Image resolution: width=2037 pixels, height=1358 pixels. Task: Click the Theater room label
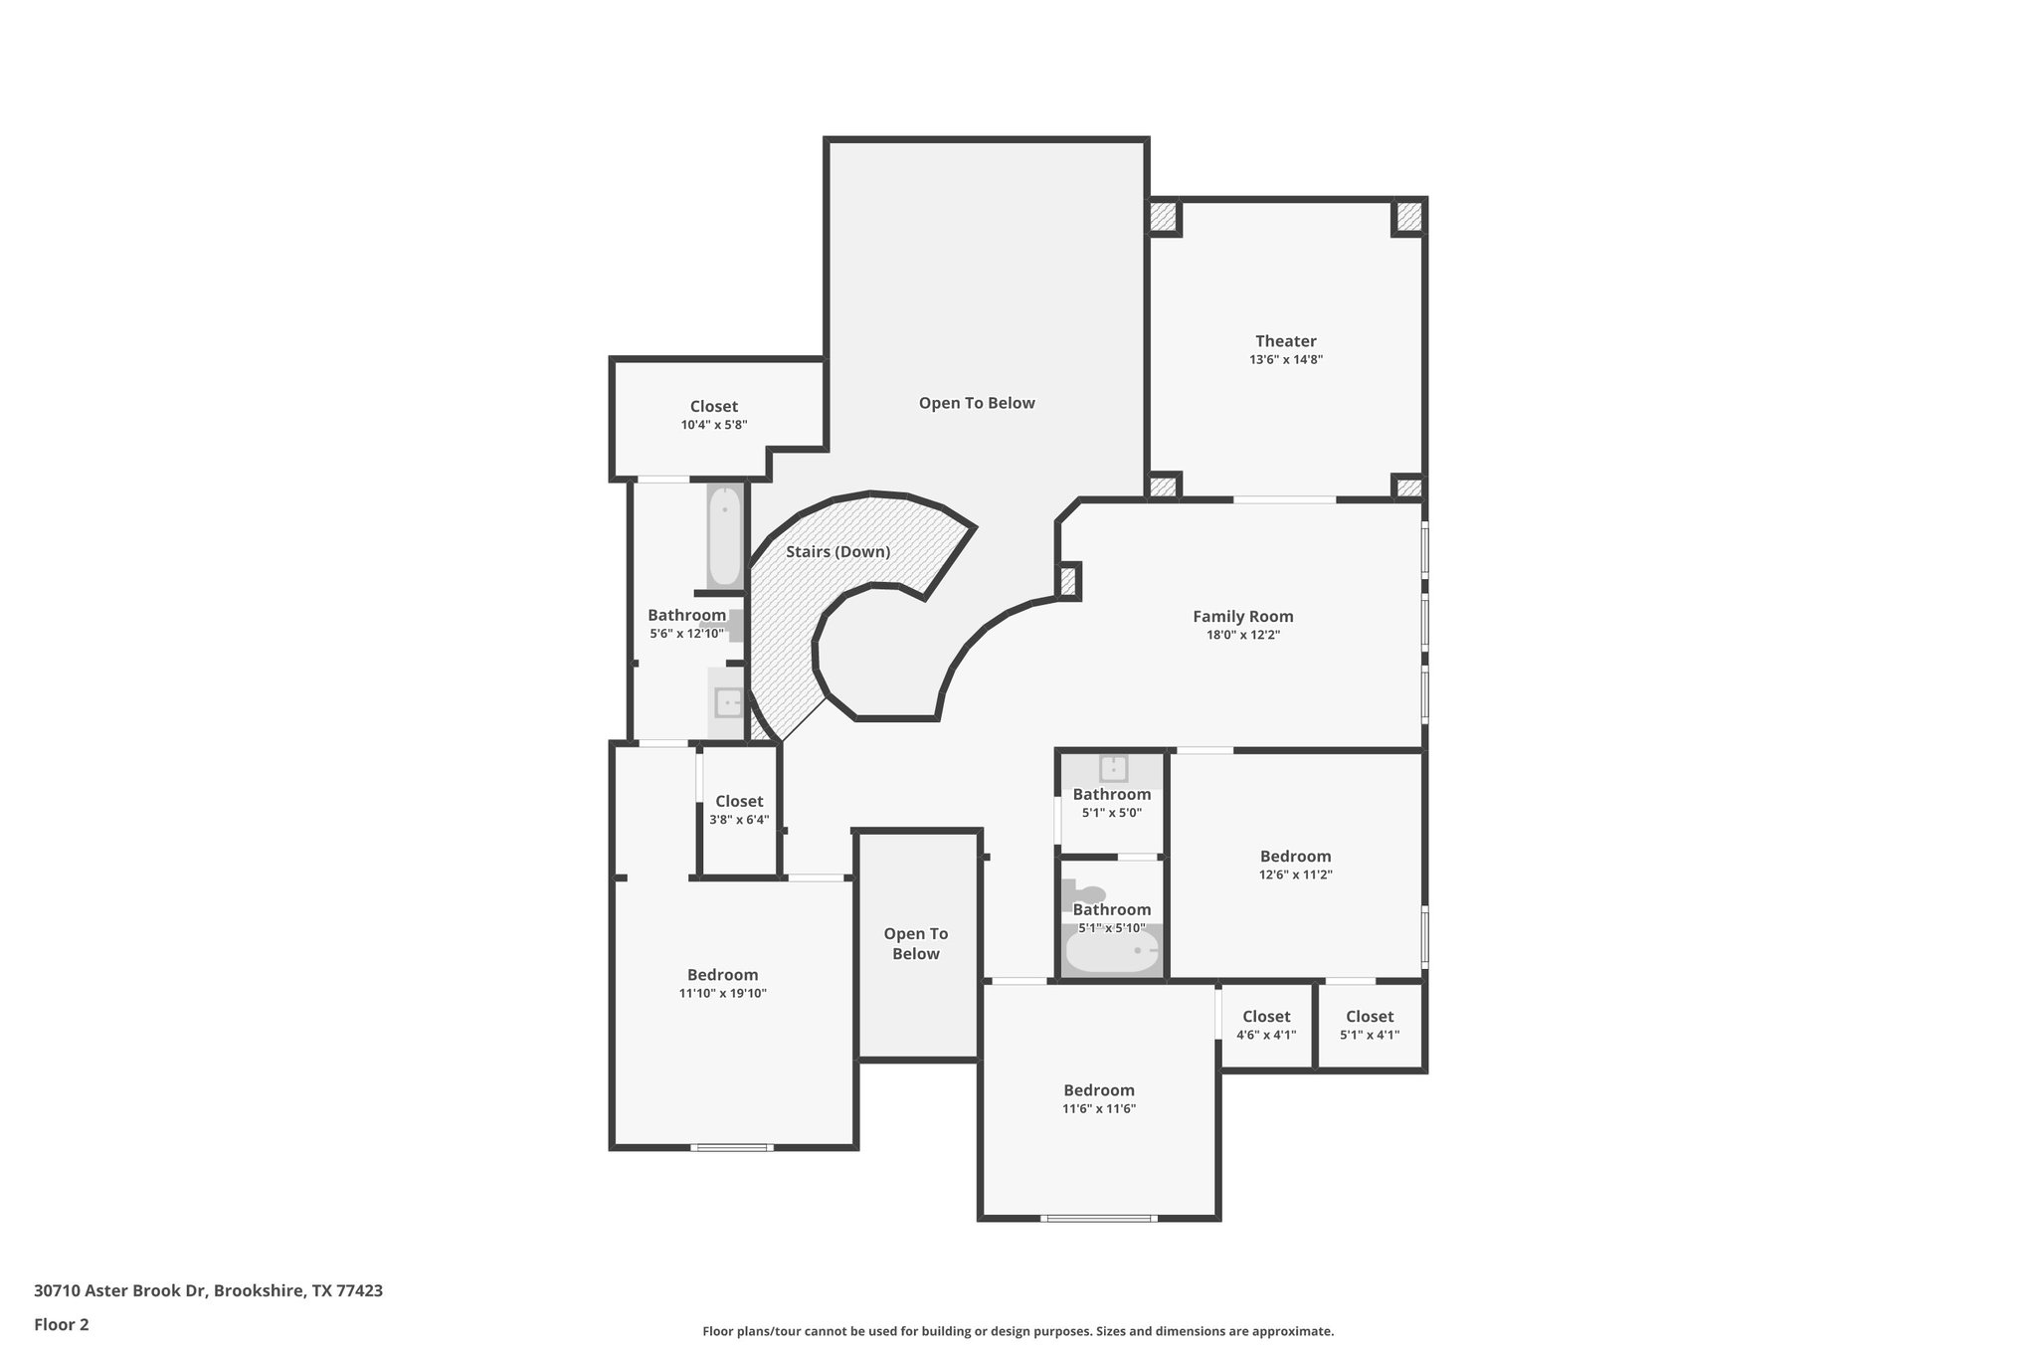pyautogui.click(x=1285, y=341)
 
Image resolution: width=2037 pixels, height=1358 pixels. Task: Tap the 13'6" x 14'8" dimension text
pyautogui.click(x=1285, y=360)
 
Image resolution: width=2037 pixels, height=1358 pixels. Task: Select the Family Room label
pyautogui.click(x=1242, y=616)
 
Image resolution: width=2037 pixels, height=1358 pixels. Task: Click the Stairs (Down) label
pyautogui.click(x=837, y=551)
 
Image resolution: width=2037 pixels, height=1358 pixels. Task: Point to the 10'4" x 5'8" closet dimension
pyautogui.click(x=713, y=425)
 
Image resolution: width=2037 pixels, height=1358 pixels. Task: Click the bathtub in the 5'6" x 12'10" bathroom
pyautogui.click(x=725, y=536)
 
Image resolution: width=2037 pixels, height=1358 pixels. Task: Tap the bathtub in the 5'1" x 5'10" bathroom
pyautogui.click(x=1112, y=951)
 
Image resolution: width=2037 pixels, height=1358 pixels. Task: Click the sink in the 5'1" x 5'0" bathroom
pyautogui.click(x=1113, y=768)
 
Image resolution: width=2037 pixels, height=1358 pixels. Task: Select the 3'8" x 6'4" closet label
pyautogui.click(x=739, y=801)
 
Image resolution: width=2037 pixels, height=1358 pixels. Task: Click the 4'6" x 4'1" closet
pyautogui.click(x=1265, y=1025)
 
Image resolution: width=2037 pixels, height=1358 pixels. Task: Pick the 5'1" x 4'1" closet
pyautogui.click(x=1369, y=1025)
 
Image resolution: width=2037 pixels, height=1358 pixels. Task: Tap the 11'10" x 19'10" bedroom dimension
pyautogui.click(x=722, y=993)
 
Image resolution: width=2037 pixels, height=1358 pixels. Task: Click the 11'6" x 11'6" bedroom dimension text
pyautogui.click(x=1098, y=1108)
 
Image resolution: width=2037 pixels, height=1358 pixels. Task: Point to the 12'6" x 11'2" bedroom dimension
pyautogui.click(x=1295, y=874)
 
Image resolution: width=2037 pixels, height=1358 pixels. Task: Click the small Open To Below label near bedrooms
pyautogui.click(x=915, y=943)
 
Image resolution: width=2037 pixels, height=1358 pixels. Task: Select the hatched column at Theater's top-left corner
pyautogui.click(x=1163, y=217)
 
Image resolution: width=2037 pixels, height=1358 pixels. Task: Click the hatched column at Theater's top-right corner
pyautogui.click(x=1407, y=217)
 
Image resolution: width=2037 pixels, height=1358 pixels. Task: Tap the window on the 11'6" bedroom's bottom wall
pyautogui.click(x=1098, y=1218)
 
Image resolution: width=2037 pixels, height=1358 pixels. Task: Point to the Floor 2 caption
pyautogui.click(x=62, y=1324)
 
